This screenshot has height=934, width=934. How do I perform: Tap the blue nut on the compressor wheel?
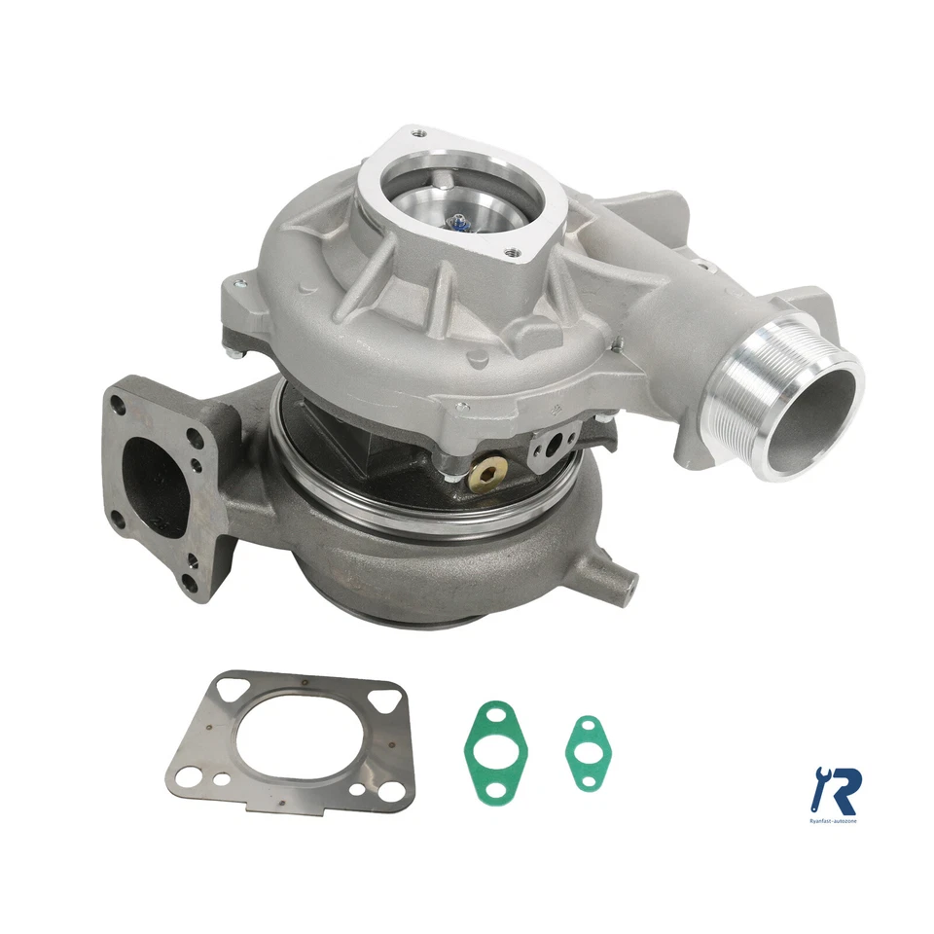[x=457, y=226]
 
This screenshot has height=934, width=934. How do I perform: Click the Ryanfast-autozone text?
[x=836, y=822]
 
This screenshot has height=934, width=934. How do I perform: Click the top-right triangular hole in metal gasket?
[x=386, y=700]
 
